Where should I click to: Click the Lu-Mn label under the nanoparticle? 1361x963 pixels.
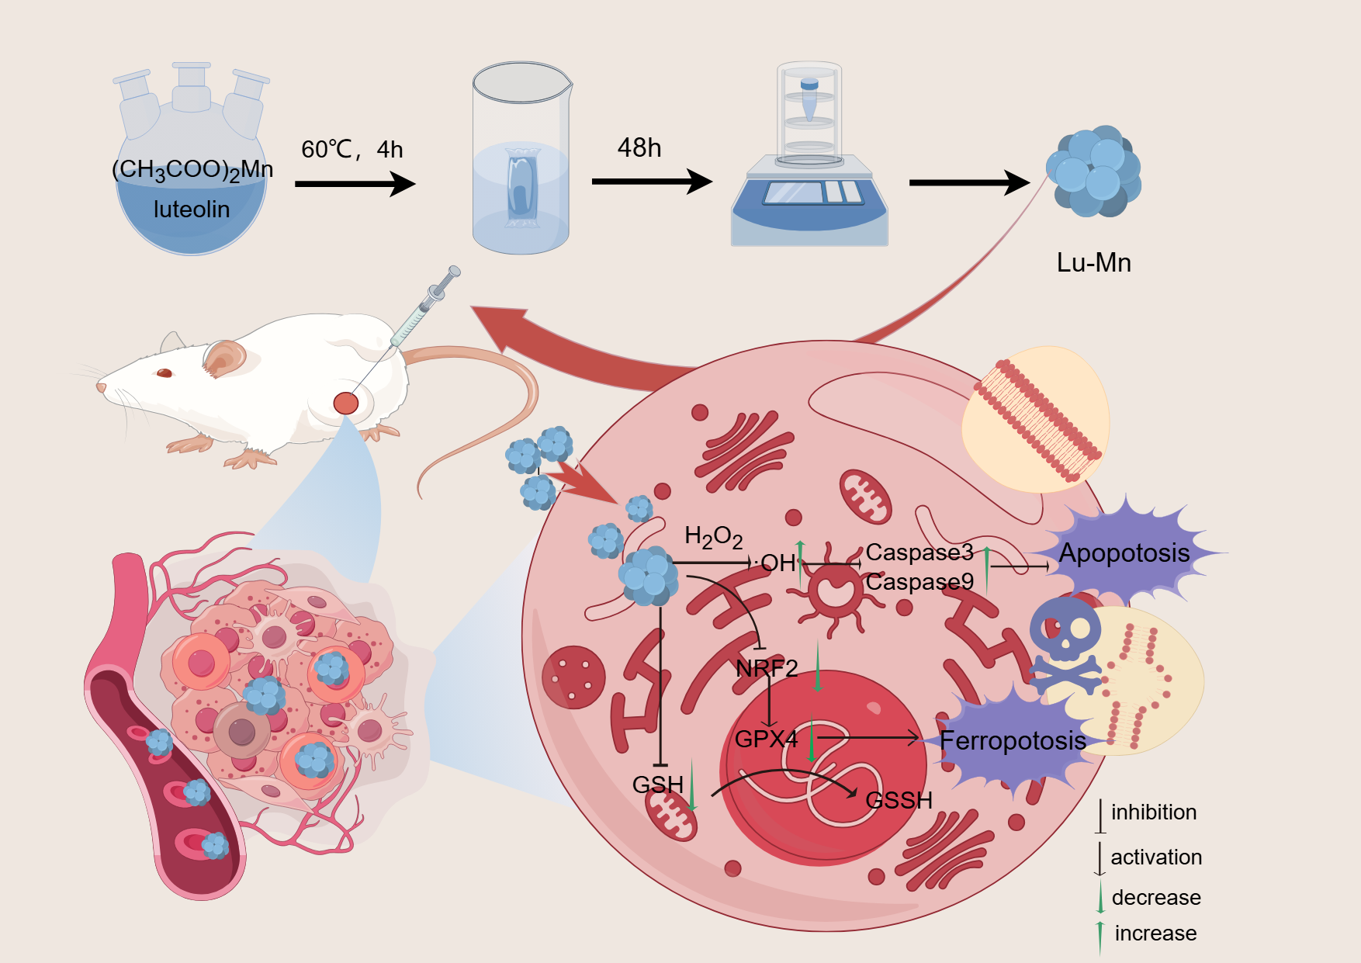pyautogui.click(x=1093, y=263)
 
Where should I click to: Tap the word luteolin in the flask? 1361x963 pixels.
pyautogui.click(x=192, y=210)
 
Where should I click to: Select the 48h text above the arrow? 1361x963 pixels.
pyautogui.click(x=639, y=147)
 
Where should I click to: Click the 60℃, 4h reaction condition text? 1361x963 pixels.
pyautogui.click(x=352, y=149)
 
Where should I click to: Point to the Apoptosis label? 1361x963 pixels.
pyautogui.click(x=1124, y=553)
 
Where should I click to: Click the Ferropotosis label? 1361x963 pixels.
pyautogui.click(x=1012, y=741)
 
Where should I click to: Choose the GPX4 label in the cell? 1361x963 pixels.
pyautogui.click(x=766, y=739)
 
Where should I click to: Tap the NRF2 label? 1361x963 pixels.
pyautogui.click(x=767, y=668)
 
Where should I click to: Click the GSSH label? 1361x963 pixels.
pyautogui.click(x=899, y=800)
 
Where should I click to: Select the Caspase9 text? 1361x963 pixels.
pyautogui.click(x=919, y=582)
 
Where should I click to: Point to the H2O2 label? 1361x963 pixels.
pyautogui.click(x=713, y=536)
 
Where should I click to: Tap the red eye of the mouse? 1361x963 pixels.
pyautogui.click(x=164, y=373)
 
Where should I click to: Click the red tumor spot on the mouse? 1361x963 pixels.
pyautogui.click(x=346, y=403)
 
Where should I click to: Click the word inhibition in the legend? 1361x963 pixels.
pyautogui.click(x=1154, y=812)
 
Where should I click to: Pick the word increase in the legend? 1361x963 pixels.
pyautogui.click(x=1155, y=934)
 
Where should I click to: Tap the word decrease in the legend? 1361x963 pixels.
pyautogui.click(x=1156, y=898)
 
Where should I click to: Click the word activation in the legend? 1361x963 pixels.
pyautogui.click(x=1156, y=857)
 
